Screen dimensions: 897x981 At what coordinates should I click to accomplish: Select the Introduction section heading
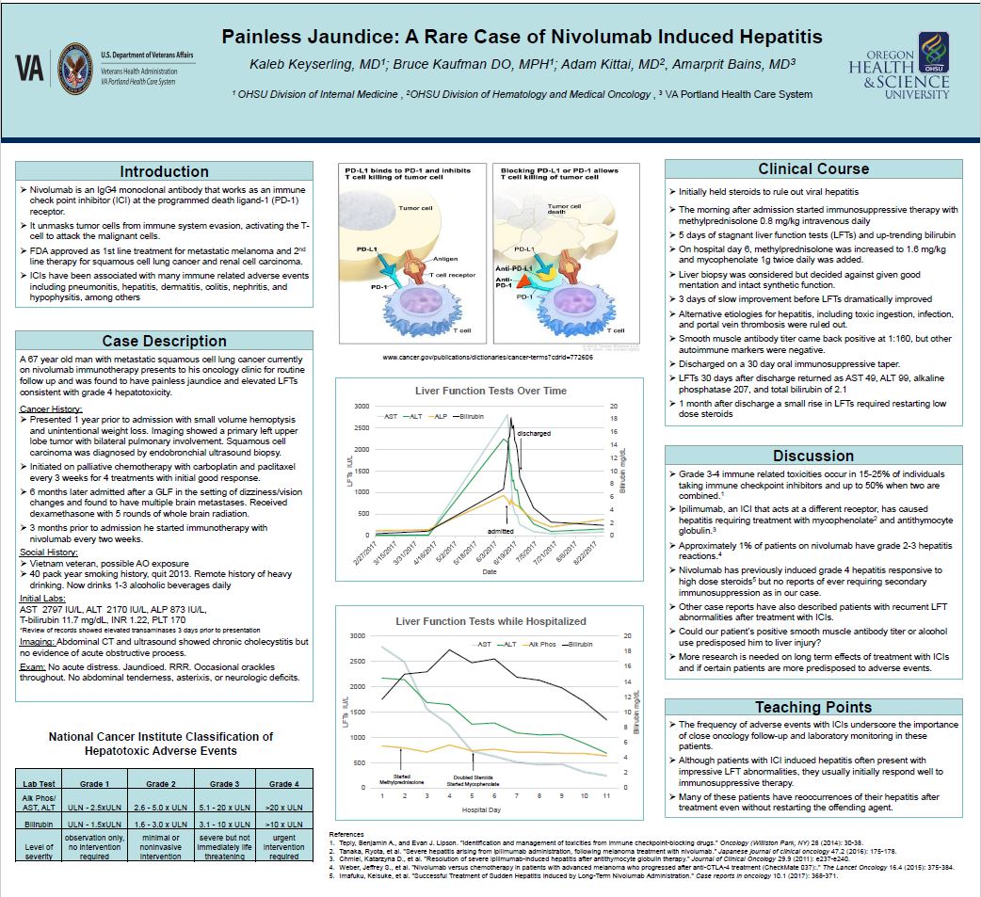pyautogui.click(x=164, y=171)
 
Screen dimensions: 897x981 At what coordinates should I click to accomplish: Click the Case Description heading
pyautogui.click(x=164, y=341)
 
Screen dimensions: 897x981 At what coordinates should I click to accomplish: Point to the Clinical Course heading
pyautogui.click(x=813, y=168)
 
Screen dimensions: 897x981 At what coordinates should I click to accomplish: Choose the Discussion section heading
pyautogui.click(x=813, y=456)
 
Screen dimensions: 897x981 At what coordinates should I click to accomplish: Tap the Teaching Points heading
pyautogui.click(x=813, y=707)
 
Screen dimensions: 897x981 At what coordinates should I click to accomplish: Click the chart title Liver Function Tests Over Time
pyautogui.click(x=490, y=390)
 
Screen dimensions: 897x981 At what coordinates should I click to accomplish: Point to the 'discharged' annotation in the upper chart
pyautogui.click(x=533, y=434)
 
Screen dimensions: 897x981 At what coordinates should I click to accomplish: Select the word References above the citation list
pyautogui.click(x=346, y=835)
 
